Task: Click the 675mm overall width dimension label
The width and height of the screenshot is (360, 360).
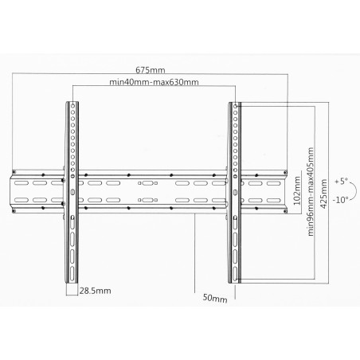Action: [x=151, y=70]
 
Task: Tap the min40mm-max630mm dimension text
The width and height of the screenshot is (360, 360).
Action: [x=154, y=82]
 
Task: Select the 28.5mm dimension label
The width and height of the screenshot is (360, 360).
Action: [x=96, y=291]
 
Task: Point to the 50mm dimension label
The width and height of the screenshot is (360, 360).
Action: [x=215, y=298]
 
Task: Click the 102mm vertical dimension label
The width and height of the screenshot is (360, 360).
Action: [x=297, y=190]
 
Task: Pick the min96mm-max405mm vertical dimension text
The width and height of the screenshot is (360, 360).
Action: [x=311, y=192]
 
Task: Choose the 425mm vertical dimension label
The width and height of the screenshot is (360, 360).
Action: [x=323, y=194]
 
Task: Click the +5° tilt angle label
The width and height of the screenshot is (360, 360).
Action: [x=341, y=182]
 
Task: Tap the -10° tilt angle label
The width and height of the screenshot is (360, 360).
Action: [x=340, y=200]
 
